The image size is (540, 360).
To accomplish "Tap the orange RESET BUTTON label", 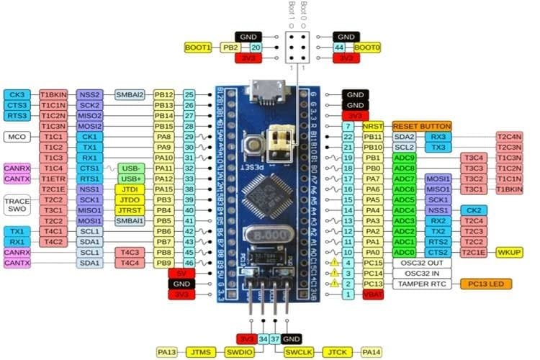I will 411,125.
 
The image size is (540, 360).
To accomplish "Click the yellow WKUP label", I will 514,253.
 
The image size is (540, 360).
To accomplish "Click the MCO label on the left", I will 17,136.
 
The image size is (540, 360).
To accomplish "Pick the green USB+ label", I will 132,179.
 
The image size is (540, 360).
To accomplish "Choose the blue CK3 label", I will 17,94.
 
